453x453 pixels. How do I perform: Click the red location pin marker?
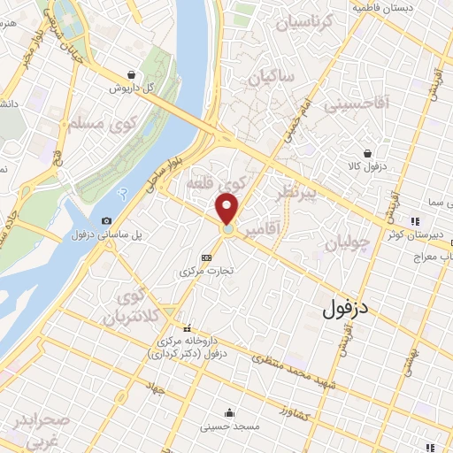pos(227,209)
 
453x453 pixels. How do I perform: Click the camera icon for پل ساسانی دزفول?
pos(107,220)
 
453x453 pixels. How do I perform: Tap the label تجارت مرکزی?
pos(207,272)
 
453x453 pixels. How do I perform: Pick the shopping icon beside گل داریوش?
pos(132,75)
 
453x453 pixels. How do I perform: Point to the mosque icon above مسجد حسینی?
pos(229,412)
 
